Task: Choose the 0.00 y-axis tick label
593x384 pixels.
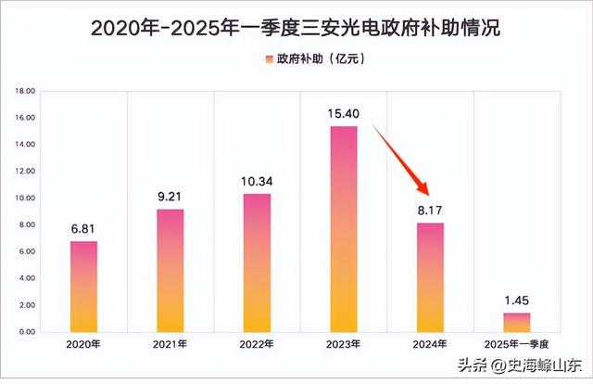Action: tap(26, 332)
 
